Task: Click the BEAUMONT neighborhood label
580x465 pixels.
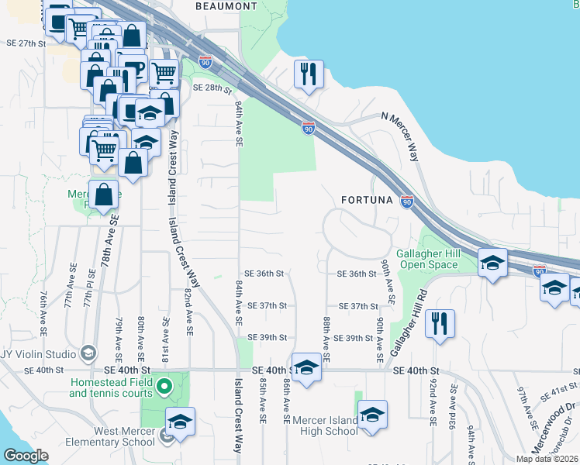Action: click(x=226, y=6)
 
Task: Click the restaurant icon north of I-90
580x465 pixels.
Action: click(x=309, y=74)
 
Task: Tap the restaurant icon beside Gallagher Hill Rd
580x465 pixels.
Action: click(x=440, y=324)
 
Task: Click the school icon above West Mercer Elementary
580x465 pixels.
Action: click(x=180, y=422)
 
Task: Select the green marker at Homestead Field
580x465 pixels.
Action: click(x=164, y=385)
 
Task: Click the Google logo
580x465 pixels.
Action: click(x=26, y=456)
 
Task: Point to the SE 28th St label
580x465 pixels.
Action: click(x=208, y=88)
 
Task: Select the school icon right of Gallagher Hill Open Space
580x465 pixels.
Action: click(x=492, y=263)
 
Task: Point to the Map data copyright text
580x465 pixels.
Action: click(x=547, y=459)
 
